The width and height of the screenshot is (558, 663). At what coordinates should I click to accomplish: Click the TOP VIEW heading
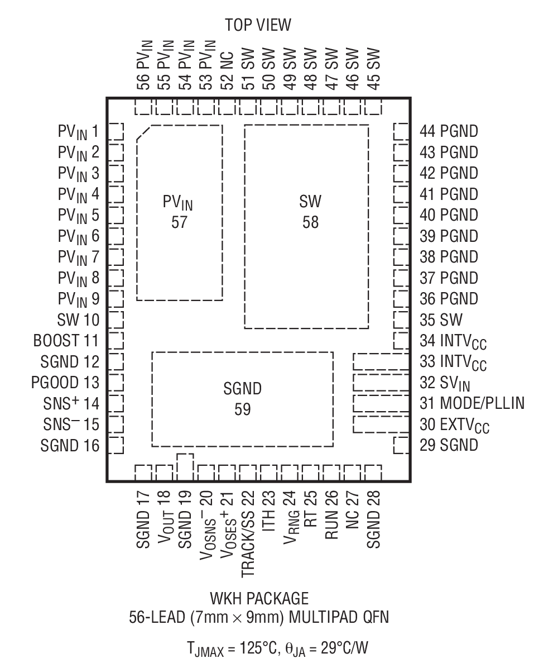[258, 25]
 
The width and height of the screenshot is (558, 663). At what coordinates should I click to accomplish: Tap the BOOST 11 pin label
[66, 341]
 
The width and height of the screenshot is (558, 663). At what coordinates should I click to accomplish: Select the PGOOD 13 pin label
[65, 383]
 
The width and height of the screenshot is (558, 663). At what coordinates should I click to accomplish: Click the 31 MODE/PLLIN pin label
[472, 403]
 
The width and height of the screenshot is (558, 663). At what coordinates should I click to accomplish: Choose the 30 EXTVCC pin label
[454, 426]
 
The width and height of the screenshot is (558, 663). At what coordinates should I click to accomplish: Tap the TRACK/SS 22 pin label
[248, 534]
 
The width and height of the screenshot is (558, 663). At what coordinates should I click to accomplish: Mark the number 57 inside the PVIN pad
[179, 222]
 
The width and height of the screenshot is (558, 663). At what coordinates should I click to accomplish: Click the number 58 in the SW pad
[310, 222]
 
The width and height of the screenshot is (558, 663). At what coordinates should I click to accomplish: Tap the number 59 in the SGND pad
[242, 409]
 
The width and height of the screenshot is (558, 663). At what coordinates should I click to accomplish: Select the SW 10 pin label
[78, 320]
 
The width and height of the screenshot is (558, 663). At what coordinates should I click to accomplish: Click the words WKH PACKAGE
[259, 599]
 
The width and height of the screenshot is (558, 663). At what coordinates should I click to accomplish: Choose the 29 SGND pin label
[449, 445]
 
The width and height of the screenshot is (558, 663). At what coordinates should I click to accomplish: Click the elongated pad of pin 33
[381, 361]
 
